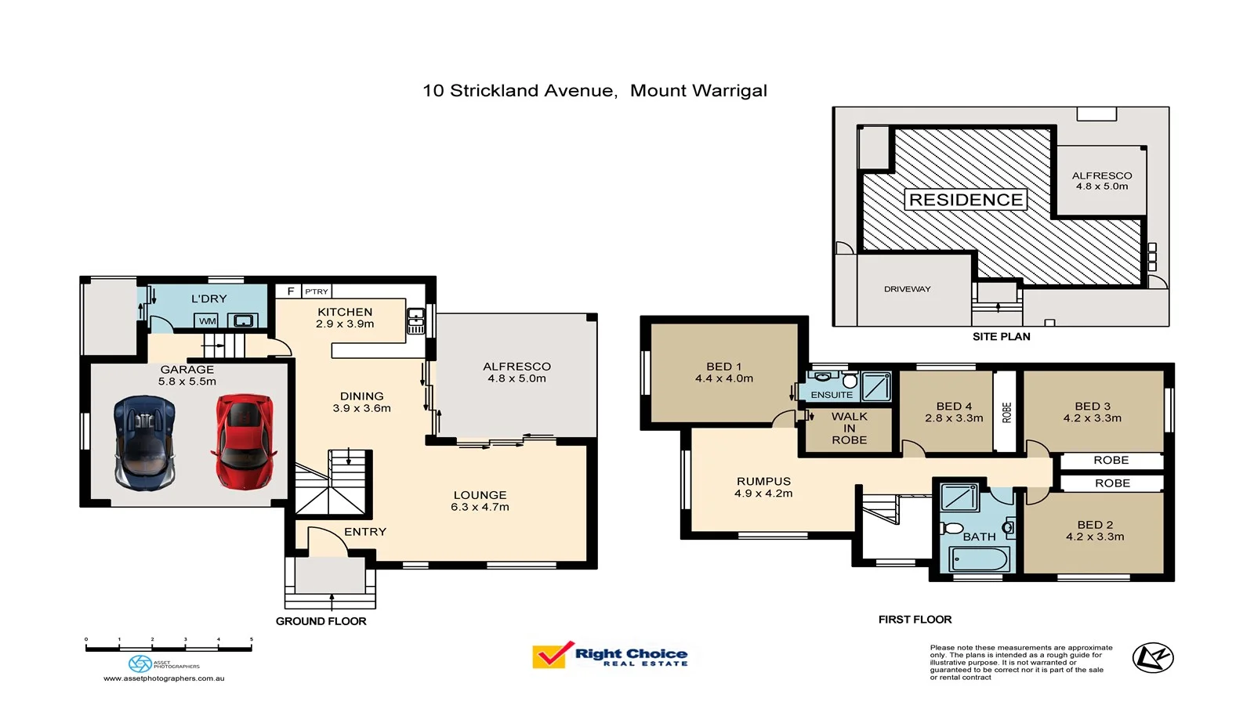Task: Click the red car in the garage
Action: click(x=244, y=441)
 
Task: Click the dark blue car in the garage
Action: click(x=144, y=443)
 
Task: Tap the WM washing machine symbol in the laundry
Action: click(x=207, y=320)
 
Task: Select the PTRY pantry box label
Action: click(x=317, y=291)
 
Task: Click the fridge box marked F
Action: click(x=290, y=291)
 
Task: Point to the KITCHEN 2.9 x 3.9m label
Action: click(x=345, y=317)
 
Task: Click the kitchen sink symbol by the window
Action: click(x=415, y=320)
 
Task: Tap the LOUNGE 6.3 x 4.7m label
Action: click(x=480, y=501)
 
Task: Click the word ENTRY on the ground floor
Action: click(x=364, y=532)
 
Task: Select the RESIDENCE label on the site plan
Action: click(x=966, y=200)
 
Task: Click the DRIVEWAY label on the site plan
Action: click(x=907, y=289)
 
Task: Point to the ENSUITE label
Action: click(x=832, y=395)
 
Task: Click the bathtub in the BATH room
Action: click(x=980, y=559)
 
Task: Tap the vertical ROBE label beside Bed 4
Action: click(x=1006, y=413)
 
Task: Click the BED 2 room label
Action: click(x=1094, y=530)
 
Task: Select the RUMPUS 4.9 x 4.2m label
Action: click(x=763, y=487)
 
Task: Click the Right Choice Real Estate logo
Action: click(x=610, y=655)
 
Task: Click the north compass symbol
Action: click(x=1152, y=657)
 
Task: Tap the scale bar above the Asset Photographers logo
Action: click(x=169, y=648)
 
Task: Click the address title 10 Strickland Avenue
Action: click(x=520, y=91)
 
